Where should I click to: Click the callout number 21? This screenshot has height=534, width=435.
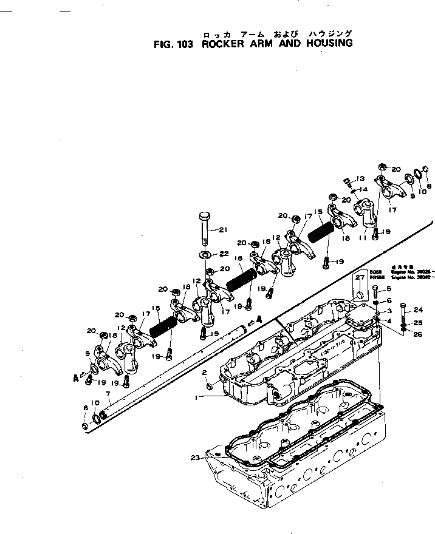222,229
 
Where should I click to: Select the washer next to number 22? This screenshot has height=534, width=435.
205,253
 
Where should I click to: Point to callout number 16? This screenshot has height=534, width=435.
238,258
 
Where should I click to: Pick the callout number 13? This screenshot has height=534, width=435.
360,178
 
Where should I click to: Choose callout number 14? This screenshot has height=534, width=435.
364,189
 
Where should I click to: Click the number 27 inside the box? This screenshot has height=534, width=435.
360,277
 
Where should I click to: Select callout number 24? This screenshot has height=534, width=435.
417,310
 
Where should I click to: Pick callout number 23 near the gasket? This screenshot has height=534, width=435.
194,458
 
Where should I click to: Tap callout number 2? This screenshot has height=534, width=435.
205,372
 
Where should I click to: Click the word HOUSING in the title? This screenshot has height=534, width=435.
324,44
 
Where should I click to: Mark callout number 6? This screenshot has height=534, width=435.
389,300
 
